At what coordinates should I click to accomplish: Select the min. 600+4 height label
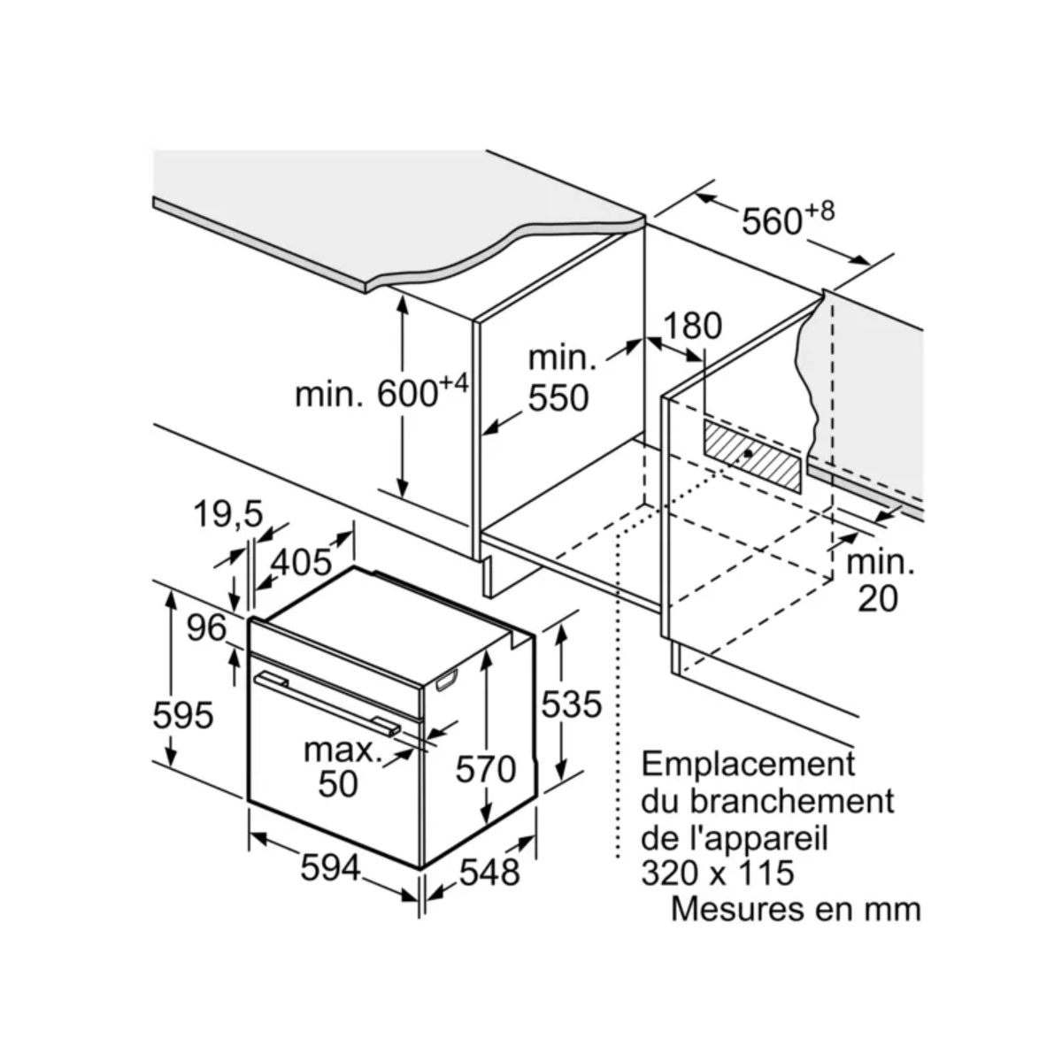(x=381, y=391)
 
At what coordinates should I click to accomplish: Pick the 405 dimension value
(x=300, y=560)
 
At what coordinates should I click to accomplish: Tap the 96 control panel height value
(x=206, y=627)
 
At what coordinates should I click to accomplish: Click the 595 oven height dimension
(x=183, y=713)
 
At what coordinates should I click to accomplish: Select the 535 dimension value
(x=571, y=704)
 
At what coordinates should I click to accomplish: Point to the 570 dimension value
(x=485, y=768)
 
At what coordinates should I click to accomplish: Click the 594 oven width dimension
(x=331, y=867)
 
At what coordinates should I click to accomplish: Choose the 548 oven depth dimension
(x=489, y=872)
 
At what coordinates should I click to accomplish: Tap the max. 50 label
(x=339, y=766)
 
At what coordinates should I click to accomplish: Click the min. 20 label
(x=878, y=581)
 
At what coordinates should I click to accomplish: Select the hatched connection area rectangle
(x=753, y=455)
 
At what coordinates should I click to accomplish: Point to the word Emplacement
(x=748, y=764)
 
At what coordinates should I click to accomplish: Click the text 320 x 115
(x=717, y=873)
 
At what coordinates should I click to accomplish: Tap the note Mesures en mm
(x=795, y=909)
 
